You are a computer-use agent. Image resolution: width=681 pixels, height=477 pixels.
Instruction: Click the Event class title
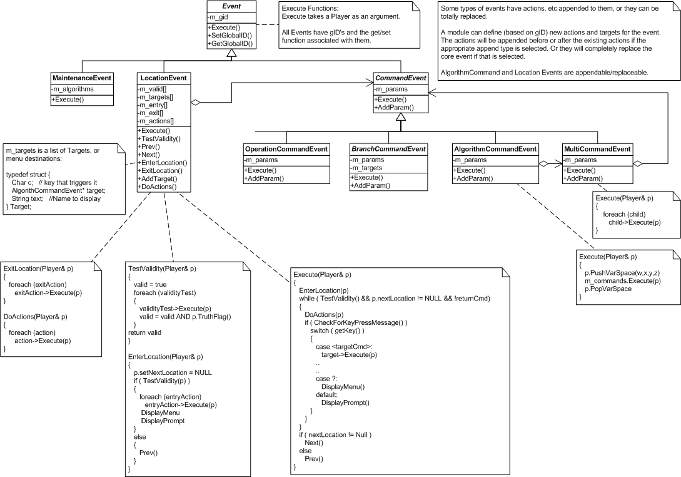[x=231, y=6]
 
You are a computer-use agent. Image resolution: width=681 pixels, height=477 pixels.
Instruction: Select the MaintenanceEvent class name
[x=81, y=78]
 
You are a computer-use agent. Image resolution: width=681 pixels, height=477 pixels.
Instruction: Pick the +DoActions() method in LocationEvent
[x=158, y=187]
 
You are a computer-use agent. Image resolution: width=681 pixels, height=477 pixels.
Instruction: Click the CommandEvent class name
[x=400, y=78]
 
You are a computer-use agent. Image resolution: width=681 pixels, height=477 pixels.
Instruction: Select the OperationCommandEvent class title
[x=286, y=149]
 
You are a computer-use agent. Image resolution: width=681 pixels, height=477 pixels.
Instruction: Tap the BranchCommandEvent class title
[x=388, y=149]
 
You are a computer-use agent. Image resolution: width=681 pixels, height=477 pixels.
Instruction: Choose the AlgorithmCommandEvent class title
[x=495, y=149]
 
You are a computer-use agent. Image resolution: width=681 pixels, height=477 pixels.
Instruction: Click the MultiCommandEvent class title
[x=597, y=149]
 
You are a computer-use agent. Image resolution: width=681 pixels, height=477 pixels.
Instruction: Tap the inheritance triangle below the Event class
[x=231, y=53]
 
